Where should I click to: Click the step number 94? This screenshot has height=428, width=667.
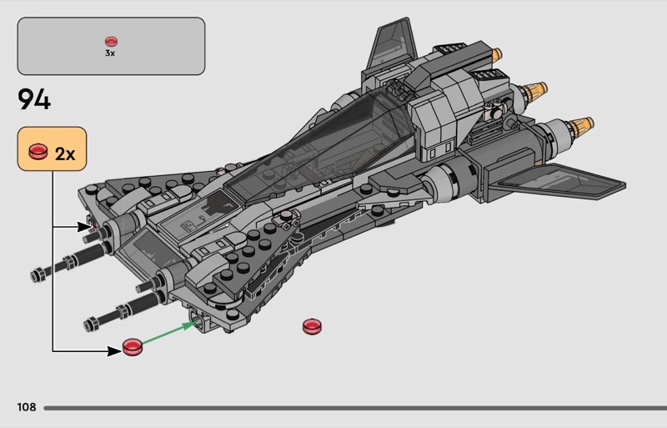(x=34, y=100)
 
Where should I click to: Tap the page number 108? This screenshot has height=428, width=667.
(x=26, y=407)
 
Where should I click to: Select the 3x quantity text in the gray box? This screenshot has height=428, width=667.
(x=110, y=53)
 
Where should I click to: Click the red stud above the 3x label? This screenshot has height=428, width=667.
(x=111, y=41)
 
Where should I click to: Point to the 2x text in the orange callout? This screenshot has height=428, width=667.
(x=65, y=154)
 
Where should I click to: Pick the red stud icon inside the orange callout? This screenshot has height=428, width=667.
(x=38, y=152)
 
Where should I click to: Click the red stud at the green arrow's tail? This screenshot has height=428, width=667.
(x=132, y=346)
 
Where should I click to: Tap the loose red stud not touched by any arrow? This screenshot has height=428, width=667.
(x=313, y=326)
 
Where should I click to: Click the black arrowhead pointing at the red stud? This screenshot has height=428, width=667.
(x=114, y=351)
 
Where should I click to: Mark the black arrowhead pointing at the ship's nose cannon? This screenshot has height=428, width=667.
(x=86, y=226)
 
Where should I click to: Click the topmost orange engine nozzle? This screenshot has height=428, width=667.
(x=499, y=58)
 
